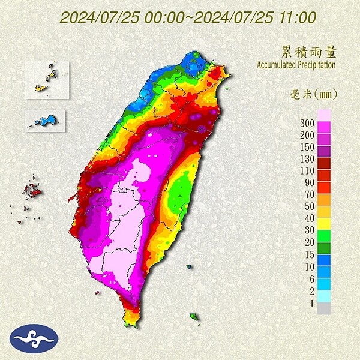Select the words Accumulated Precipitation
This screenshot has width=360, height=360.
(296, 64)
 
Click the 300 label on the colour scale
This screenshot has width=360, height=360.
(307, 123)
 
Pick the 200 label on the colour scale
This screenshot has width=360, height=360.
(307, 134)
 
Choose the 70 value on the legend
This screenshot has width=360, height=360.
(308, 194)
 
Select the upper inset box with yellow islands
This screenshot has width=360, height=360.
(47, 80)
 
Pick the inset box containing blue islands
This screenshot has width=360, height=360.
(46, 120)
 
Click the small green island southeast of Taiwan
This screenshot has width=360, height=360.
(194, 316)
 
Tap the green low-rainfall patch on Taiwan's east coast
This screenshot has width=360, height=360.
(178, 198)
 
